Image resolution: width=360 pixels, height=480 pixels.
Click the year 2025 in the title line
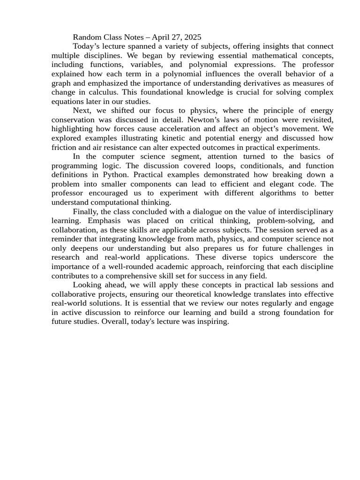pos(192,37)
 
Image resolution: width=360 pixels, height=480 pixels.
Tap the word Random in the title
pos(88,37)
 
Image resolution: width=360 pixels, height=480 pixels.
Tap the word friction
pos(64,147)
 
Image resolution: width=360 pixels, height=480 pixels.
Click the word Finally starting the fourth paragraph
pos(86,211)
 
